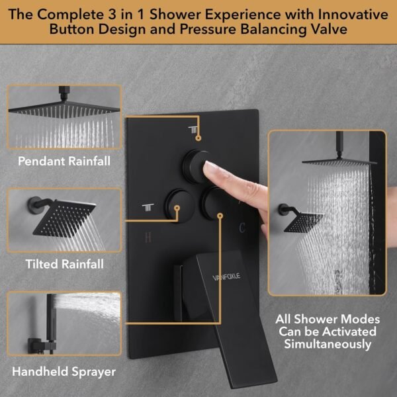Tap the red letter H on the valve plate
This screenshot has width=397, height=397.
[148, 236]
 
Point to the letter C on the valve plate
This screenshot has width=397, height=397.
[243, 228]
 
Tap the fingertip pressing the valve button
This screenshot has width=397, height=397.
[210, 171]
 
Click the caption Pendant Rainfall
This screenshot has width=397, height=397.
[64, 161]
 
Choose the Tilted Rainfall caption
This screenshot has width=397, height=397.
[64, 264]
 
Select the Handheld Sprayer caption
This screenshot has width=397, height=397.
[64, 371]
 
